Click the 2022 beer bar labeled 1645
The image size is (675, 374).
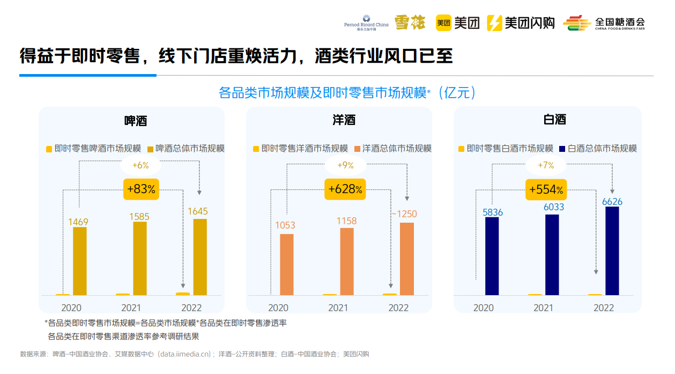(200, 257)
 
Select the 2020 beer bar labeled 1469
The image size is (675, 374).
(80, 261)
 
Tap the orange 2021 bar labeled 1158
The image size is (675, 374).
(347, 261)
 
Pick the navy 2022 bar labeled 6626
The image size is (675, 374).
(612, 251)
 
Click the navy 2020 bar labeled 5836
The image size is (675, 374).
(492, 256)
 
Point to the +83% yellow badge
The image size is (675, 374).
(142, 189)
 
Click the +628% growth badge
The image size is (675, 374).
(345, 189)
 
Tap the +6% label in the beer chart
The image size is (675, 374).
(140, 165)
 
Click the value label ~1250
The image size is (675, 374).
(404, 214)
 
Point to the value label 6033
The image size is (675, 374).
(553, 207)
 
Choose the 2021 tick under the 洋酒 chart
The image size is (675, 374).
(338, 308)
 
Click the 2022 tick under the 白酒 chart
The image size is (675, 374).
(604, 308)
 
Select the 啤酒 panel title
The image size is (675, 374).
(136, 120)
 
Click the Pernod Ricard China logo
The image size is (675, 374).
(366, 23)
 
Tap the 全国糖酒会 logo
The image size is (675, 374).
(604, 23)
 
